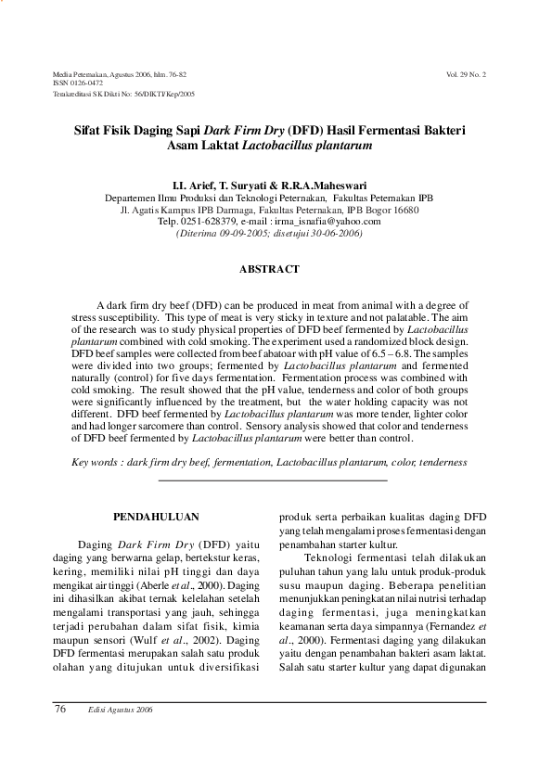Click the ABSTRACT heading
click(x=269, y=269)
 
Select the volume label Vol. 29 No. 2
click(x=466, y=72)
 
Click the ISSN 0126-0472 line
click(x=78, y=83)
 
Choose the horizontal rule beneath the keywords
click(x=273, y=480)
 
